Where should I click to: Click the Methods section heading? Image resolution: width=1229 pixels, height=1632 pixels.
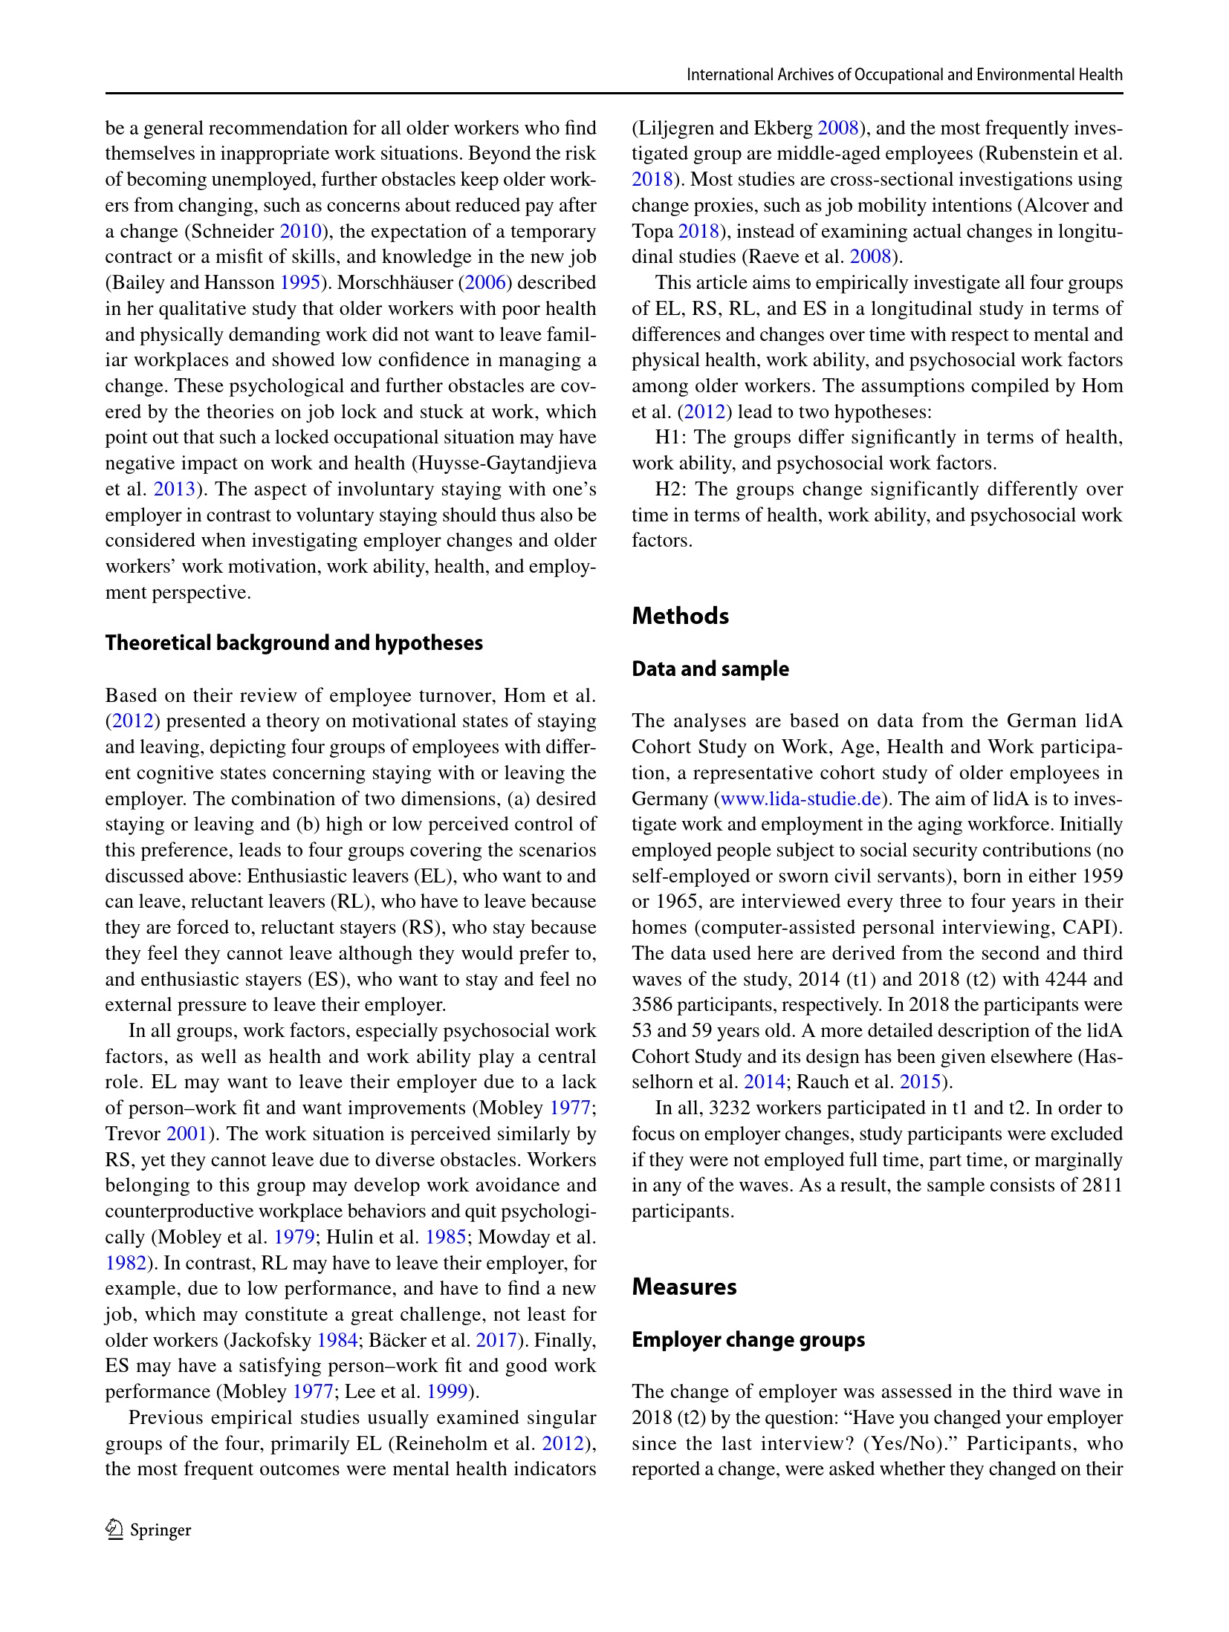point(680,616)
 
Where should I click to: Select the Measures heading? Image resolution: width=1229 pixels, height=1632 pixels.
point(684,1287)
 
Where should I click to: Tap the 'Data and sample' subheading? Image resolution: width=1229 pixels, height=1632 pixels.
point(710,669)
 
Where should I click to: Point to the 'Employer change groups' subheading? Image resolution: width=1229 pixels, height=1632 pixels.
point(748,1339)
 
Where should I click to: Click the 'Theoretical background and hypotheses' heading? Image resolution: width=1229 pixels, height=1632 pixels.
point(294,643)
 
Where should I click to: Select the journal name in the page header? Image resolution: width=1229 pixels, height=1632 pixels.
point(904,74)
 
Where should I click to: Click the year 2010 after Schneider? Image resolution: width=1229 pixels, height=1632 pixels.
point(299,231)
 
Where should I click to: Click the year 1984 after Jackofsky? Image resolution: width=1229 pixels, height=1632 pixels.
point(337,1340)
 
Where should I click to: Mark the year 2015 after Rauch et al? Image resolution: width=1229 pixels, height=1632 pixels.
point(920,1082)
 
